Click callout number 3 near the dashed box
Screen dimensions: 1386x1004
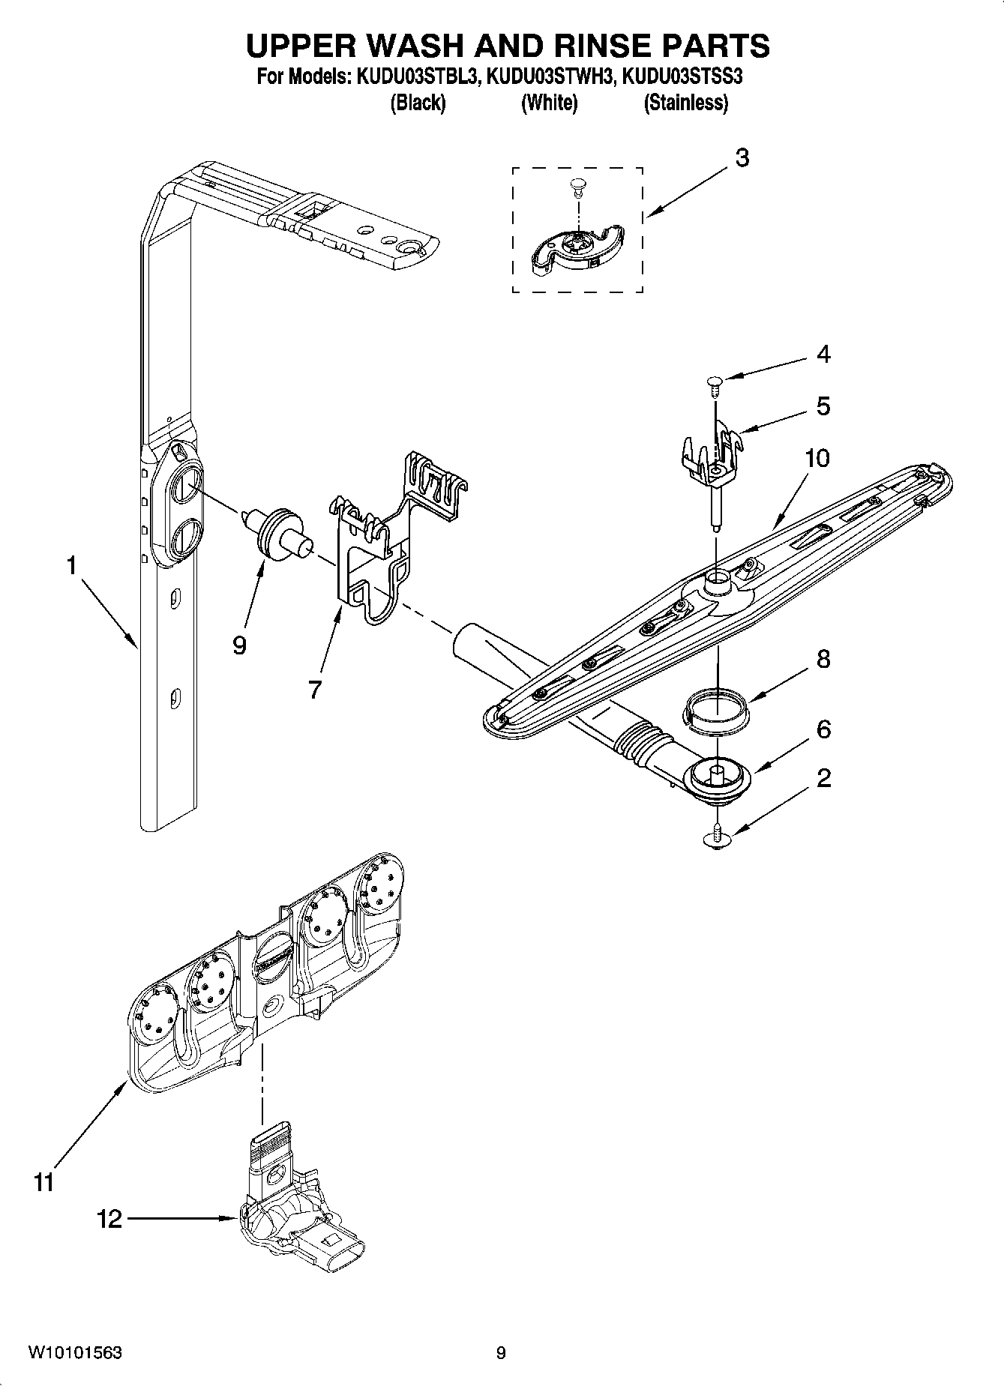click(741, 158)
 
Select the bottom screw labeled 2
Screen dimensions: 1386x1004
click(718, 837)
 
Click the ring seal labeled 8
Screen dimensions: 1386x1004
click(718, 709)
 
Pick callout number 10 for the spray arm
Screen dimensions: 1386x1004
click(817, 458)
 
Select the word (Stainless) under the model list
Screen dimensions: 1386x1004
click(685, 103)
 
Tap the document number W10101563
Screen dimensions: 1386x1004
click(75, 1352)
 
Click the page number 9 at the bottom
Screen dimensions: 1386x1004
click(501, 1352)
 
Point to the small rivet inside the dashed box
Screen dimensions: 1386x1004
click(577, 186)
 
